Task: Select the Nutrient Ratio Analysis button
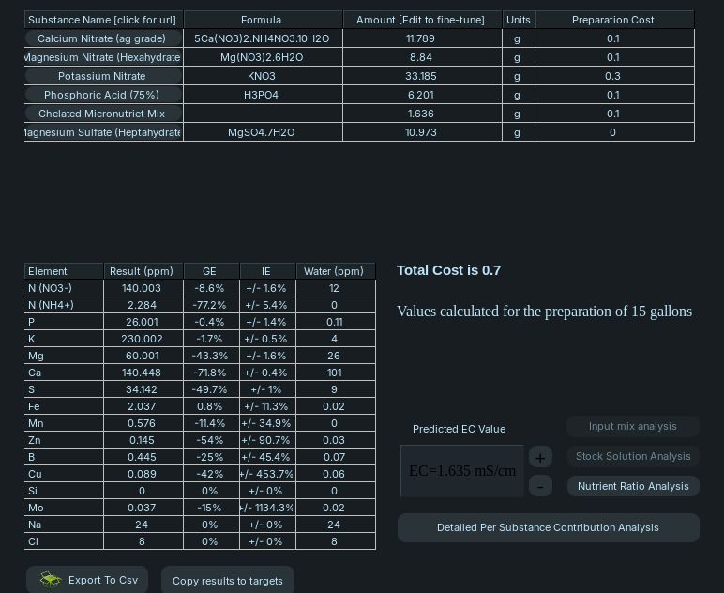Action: (x=633, y=486)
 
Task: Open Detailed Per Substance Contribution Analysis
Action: (x=548, y=527)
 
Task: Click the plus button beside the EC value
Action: (x=540, y=457)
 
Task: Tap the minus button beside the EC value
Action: (x=540, y=486)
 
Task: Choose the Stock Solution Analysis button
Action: (x=633, y=456)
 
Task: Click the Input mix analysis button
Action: (x=633, y=426)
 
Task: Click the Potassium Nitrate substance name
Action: (x=101, y=76)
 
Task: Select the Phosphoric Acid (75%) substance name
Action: (x=101, y=95)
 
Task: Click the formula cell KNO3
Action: (x=262, y=76)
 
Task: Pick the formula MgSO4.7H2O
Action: (x=262, y=132)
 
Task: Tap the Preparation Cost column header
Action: (x=613, y=20)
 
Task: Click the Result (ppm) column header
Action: (x=143, y=271)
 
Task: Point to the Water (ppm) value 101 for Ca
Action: (x=334, y=373)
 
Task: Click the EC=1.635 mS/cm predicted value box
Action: (x=461, y=471)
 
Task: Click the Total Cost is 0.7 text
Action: (x=448, y=270)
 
